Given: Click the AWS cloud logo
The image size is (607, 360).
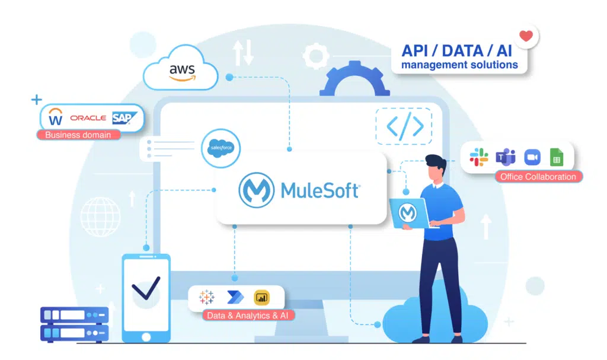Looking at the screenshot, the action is [x=181, y=68].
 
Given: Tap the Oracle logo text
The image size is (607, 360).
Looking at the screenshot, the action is [x=88, y=118].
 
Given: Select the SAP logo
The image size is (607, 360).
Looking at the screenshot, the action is [x=124, y=118].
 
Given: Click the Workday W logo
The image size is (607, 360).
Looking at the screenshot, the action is [x=55, y=117].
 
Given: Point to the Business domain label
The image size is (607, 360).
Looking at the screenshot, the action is [x=78, y=135].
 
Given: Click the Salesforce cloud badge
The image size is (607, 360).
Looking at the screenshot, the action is [x=221, y=148].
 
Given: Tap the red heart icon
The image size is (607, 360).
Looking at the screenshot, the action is [x=526, y=36].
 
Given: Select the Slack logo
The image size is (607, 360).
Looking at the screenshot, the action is [x=479, y=157].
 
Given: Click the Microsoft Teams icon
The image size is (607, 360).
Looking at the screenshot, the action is [x=506, y=157].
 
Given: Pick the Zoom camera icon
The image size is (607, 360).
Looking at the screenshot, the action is [x=532, y=157].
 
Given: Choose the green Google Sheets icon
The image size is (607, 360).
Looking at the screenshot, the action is [x=557, y=157].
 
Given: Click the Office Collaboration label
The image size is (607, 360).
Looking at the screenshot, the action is [x=538, y=177].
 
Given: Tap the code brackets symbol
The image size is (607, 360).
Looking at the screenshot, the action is [x=405, y=126].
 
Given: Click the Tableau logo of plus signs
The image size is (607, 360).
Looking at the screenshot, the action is [x=207, y=297].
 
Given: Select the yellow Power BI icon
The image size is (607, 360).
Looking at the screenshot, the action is [x=261, y=298].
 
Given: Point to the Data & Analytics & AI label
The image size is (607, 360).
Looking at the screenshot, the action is [x=248, y=316].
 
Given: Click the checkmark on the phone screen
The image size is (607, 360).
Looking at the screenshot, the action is [x=146, y=288].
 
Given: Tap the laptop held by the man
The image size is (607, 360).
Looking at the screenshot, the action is [x=409, y=213].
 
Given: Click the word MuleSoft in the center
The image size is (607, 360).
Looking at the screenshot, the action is [x=321, y=190].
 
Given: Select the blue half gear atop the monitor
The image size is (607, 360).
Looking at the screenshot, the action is [x=354, y=79].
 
